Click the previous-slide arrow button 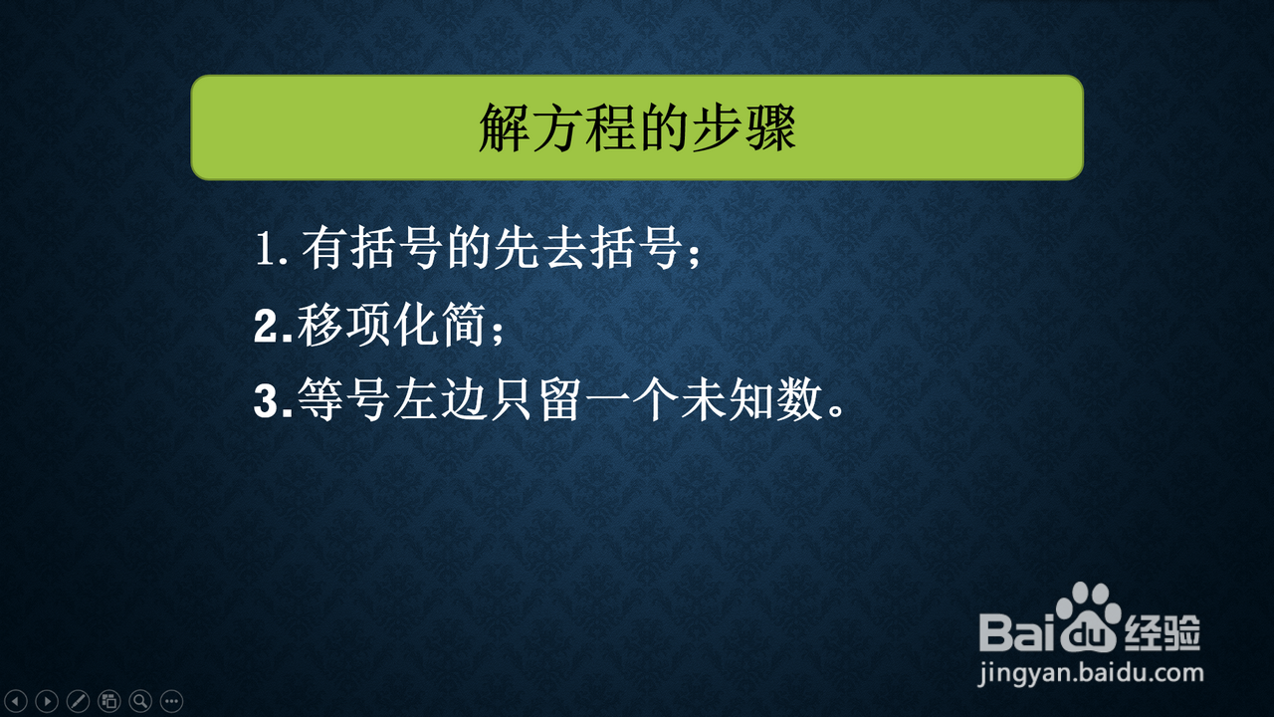click(16, 701)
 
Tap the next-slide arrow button click(47, 701)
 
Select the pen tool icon click(78, 701)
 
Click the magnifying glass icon click(140, 701)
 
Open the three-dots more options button click(172, 701)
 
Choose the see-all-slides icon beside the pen click(109, 701)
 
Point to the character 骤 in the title click(770, 128)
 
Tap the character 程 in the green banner click(610, 128)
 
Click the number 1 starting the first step click(266, 249)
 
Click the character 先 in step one click(517, 248)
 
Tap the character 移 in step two click(319, 325)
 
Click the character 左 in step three click(416, 400)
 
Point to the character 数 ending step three click(800, 400)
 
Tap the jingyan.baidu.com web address click(1091, 674)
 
